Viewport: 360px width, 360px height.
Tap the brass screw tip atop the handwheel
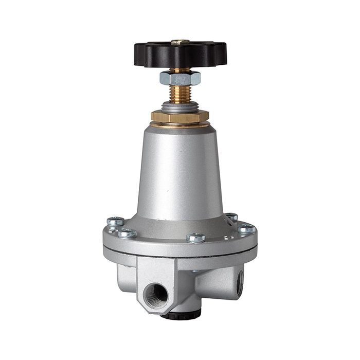(181, 41)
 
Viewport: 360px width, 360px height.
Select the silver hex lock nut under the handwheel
(180, 78)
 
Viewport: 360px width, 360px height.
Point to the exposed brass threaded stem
(180, 95)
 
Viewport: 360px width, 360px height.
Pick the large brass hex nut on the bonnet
(179, 117)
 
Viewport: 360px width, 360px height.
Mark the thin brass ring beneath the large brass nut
(180, 125)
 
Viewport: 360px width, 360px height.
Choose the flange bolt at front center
(196, 237)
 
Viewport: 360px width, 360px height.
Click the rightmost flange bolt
(246, 228)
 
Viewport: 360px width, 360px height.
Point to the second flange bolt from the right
(232, 217)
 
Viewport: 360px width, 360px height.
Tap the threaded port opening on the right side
(240, 282)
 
